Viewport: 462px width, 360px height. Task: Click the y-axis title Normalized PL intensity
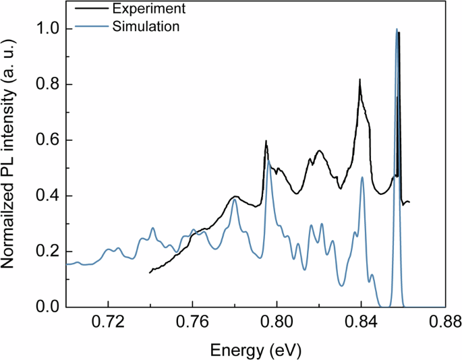click(11, 162)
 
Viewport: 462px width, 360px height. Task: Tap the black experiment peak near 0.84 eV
click(360, 80)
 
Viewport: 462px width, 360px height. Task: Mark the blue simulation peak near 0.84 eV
click(362, 177)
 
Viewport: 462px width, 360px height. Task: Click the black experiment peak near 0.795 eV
click(266, 141)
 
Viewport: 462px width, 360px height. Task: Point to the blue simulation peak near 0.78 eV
click(235, 200)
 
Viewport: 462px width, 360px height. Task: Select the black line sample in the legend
click(86, 9)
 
